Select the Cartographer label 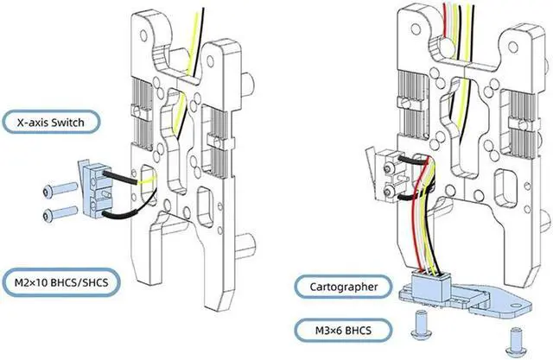coord(342,286)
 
